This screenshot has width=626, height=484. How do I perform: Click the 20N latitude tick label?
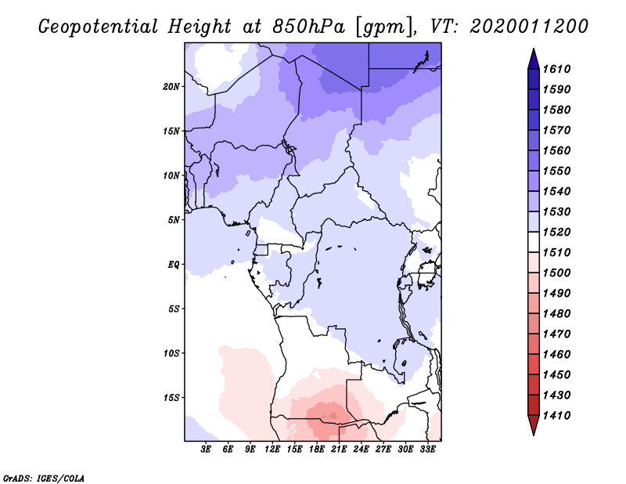tap(171, 86)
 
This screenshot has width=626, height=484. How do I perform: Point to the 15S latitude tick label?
tap(171, 397)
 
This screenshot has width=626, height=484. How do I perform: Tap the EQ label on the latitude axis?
tap(174, 264)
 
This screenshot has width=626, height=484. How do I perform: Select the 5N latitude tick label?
tap(174, 219)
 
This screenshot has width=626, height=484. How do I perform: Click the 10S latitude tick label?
tap(171, 352)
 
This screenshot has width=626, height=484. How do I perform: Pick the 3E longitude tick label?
tap(207, 450)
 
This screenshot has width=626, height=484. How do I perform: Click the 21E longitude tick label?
tap(339, 450)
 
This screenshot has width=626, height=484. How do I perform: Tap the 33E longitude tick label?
tap(427, 450)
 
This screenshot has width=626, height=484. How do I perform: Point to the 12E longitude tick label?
tap(272, 450)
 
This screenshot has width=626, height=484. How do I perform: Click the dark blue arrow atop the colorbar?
tap(533, 58)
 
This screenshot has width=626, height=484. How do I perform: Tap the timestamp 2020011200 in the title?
tap(528, 27)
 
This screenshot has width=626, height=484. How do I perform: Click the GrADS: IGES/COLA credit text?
tap(44, 477)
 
